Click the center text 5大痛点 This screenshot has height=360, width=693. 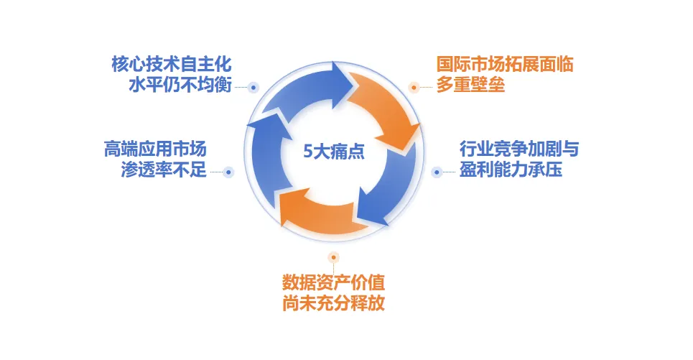click(334, 152)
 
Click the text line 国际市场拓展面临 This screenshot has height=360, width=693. click(505, 64)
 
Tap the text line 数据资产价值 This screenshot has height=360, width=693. click(333, 281)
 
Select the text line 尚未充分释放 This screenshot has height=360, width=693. click(333, 302)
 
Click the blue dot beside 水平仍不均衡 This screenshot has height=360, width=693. click(253, 87)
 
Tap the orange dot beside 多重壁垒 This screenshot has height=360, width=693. click(414, 87)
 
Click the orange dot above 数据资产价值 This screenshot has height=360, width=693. click(332, 257)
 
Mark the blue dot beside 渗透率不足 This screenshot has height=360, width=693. click(228, 172)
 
